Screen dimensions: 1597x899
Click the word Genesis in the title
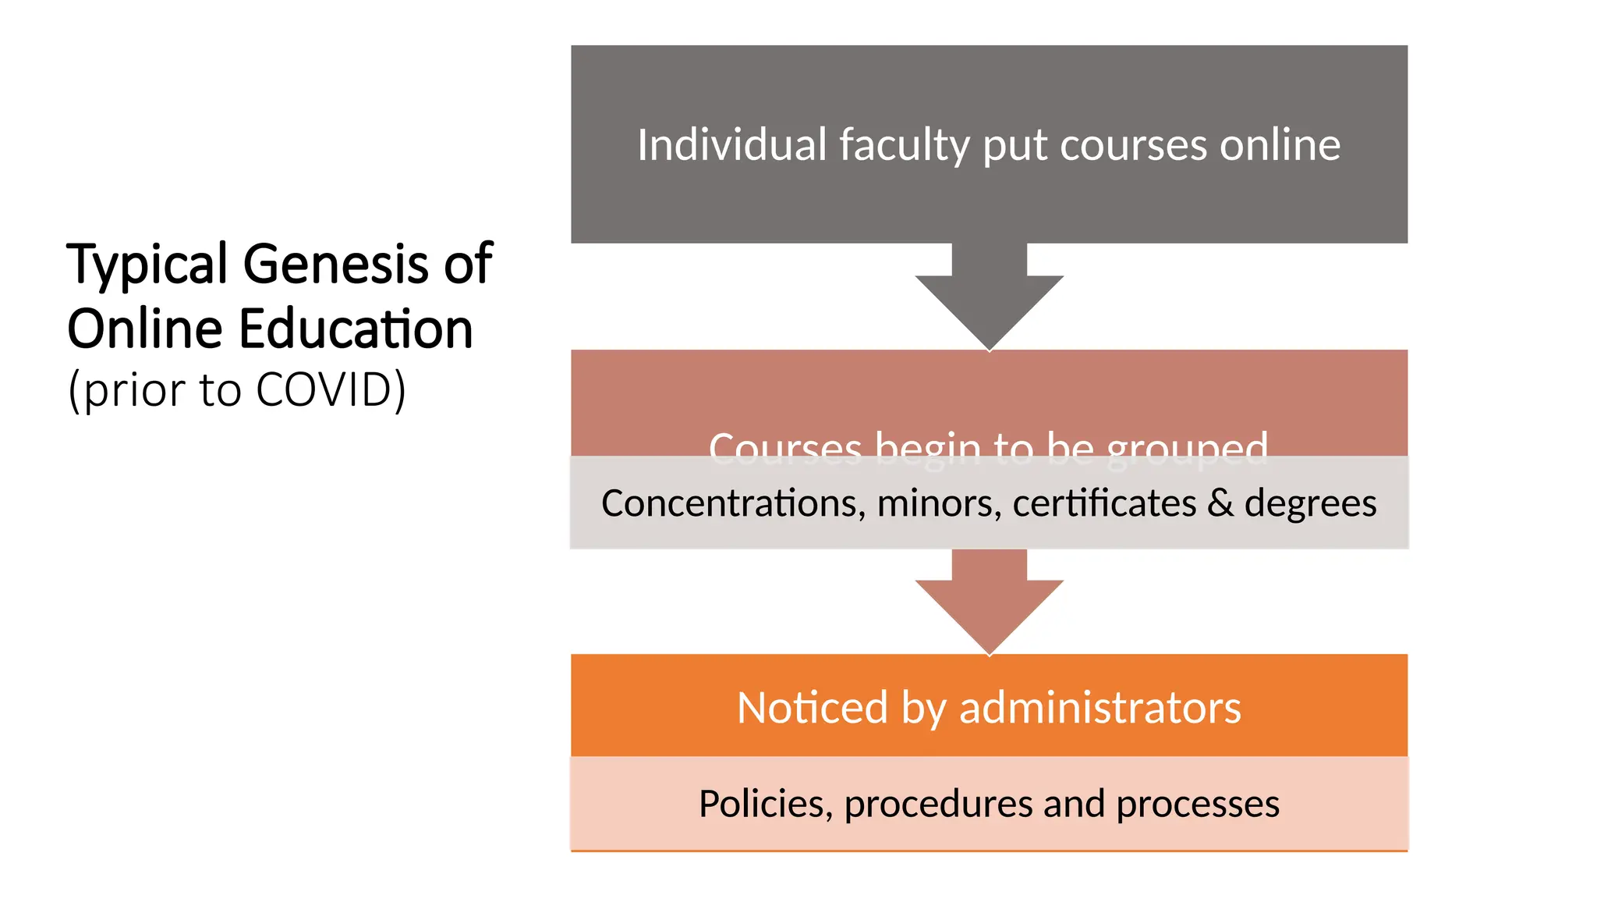click(338, 264)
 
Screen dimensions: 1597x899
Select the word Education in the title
click(356, 329)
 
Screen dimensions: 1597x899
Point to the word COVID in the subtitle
click(324, 389)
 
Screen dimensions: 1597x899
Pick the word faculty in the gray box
click(904, 147)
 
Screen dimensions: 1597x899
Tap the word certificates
click(1103, 503)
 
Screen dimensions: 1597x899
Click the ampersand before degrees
click(1220, 503)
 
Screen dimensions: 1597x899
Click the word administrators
click(1099, 708)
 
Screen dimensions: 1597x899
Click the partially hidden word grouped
click(1186, 449)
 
